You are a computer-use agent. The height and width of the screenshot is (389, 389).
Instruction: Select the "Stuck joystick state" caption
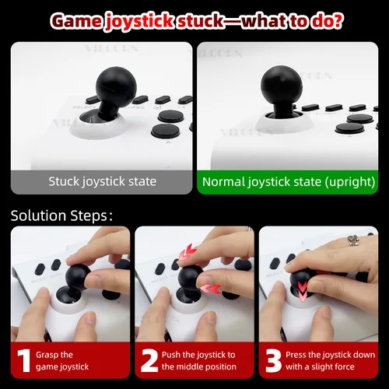coord(102,182)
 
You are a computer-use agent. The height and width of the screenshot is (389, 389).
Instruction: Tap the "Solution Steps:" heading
coord(61,215)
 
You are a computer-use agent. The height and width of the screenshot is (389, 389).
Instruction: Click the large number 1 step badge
coord(23,359)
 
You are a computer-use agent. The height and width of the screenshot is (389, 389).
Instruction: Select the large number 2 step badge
coord(147,359)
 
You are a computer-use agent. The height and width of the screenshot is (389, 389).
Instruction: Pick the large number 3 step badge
coord(272,359)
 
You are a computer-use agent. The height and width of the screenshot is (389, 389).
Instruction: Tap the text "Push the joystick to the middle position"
coord(198,360)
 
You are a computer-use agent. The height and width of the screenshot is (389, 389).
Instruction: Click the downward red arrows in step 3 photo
coord(302,290)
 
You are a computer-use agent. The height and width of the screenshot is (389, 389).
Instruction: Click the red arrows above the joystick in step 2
coord(187,252)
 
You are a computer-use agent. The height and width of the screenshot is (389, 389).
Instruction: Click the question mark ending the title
coord(336,20)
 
